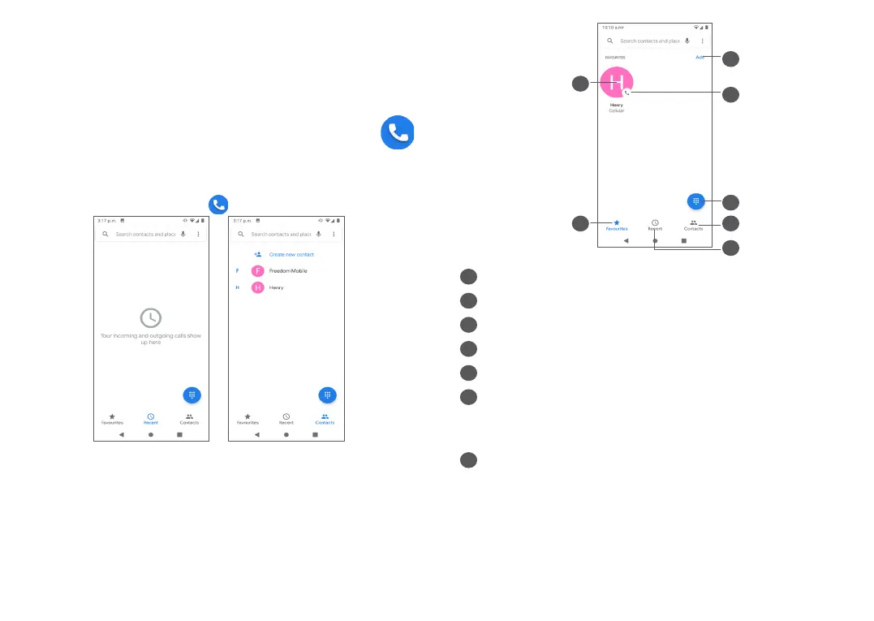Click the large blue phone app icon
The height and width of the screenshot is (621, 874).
pyautogui.click(x=398, y=133)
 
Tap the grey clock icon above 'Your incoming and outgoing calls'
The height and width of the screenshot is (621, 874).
pyautogui.click(x=151, y=319)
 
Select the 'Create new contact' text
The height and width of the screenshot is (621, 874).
pyautogui.click(x=291, y=254)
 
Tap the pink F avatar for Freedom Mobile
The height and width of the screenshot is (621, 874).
pyautogui.click(x=258, y=271)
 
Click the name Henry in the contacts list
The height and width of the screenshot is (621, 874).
pyautogui.click(x=277, y=287)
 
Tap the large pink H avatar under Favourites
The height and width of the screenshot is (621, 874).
pyautogui.click(x=617, y=82)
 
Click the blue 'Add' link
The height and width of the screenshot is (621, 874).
pyautogui.click(x=700, y=58)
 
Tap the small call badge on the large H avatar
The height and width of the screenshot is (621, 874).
pyautogui.click(x=626, y=93)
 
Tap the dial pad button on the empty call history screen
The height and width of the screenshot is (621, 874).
pyautogui.click(x=192, y=395)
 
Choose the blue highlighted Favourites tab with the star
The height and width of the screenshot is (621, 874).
pyautogui.click(x=617, y=225)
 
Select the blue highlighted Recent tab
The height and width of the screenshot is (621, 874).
pyautogui.click(x=151, y=419)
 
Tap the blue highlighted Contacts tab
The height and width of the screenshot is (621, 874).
pyautogui.click(x=325, y=419)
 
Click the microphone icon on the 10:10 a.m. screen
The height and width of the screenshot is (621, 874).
pyautogui.click(x=687, y=41)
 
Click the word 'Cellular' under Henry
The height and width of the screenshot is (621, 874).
pyautogui.click(x=617, y=111)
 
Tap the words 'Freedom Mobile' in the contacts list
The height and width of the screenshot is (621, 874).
pyautogui.click(x=288, y=271)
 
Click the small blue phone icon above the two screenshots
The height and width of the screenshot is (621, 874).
pyautogui.click(x=217, y=205)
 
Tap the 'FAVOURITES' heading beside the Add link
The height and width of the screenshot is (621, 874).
pyautogui.click(x=616, y=58)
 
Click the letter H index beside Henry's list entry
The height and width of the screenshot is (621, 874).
pyautogui.click(x=237, y=287)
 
